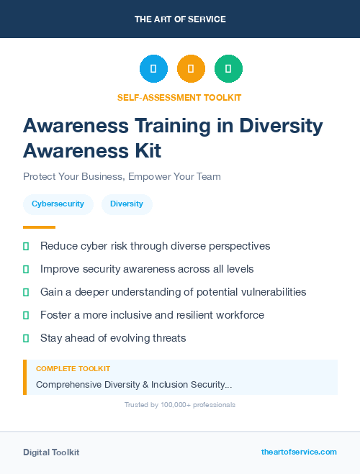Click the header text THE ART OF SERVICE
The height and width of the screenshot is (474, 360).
(x=180, y=19)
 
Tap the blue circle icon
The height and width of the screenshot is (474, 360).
(x=153, y=69)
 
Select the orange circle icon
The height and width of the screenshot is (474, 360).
(x=191, y=69)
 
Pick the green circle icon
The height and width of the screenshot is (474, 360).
(x=228, y=69)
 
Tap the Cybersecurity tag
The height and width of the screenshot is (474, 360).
(x=58, y=204)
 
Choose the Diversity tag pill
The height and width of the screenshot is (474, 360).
(x=127, y=204)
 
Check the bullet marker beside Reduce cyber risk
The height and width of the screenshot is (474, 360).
(x=26, y=246)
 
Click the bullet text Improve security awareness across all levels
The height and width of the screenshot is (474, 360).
(x=147, y=269)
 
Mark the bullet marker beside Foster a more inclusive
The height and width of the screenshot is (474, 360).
(x=26, y=315)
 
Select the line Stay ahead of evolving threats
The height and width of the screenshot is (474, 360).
(x=113, y=338)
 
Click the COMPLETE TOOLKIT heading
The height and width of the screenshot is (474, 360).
(x=73, y=369)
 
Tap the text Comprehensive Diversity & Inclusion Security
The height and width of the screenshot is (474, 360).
(x=134, y=385)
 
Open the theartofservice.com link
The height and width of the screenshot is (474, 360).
(x=299, y=452)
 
